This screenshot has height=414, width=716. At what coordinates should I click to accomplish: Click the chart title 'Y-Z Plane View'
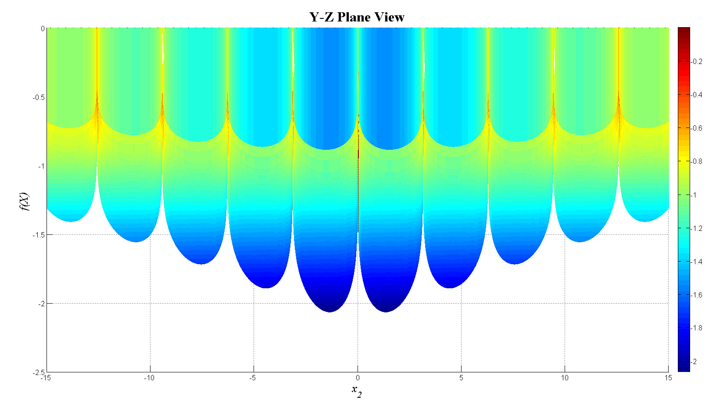click(x=357, y=17)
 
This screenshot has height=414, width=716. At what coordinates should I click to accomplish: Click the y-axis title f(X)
click(x=24, y=202)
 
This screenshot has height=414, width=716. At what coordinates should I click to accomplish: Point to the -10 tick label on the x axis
click(x=149, y=378)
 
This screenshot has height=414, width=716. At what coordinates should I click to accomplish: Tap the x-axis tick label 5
click(x=461, y=378)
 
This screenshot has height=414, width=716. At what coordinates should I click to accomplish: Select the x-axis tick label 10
click(x=565, y=378)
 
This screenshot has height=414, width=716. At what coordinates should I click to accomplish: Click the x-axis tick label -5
click(x=253, y=378)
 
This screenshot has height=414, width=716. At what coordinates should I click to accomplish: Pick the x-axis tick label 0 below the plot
click(x=358, y=378)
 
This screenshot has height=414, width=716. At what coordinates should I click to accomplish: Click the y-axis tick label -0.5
click(x=39, y=97)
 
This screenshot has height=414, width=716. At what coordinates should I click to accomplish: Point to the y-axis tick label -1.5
click(x=39, y=235)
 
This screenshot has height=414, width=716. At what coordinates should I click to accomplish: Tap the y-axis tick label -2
click(x=41, y=304)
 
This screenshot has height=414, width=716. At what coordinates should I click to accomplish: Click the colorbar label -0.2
click(x=697, y=62)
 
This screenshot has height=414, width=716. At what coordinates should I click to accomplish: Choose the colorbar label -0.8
click(x=697, y=162)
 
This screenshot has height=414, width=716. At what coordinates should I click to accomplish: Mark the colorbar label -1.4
click(x=697, y=262)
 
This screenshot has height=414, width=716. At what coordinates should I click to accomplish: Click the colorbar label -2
click(x=694, y=362)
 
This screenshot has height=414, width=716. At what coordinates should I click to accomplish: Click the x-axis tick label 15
click(x=668, y=378)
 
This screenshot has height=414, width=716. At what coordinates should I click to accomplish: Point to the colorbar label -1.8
click(x=697, y=328)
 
